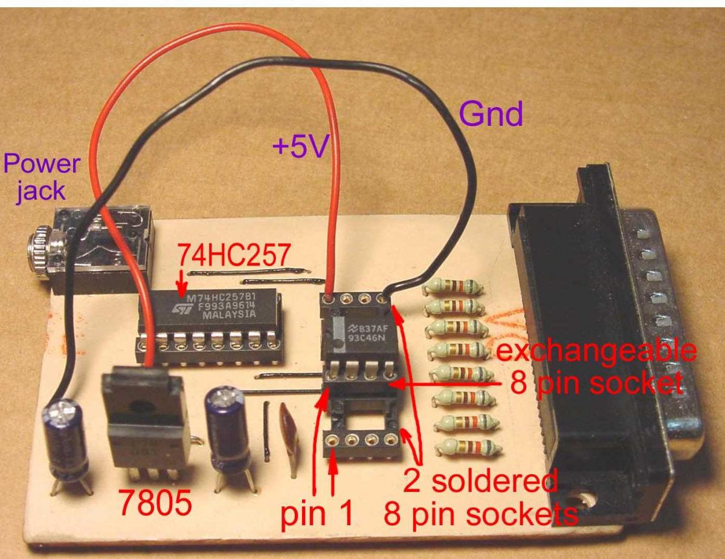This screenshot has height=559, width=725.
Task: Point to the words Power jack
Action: click(x=40, y=177)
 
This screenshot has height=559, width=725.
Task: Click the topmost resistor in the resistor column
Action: click(x=453, y=286)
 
